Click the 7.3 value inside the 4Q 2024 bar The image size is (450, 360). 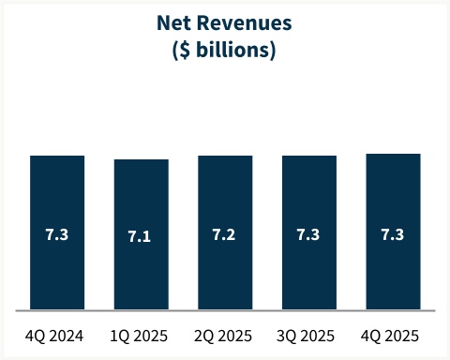57,234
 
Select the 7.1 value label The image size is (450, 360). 142,236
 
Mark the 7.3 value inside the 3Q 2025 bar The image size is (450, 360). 309,234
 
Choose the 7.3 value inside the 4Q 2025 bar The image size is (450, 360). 393,234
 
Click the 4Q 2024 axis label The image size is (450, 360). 57,336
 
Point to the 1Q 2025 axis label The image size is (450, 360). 142,336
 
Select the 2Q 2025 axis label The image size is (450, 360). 225,336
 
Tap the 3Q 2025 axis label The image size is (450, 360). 309,336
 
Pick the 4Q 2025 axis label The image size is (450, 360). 393,336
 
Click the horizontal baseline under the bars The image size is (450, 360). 225,310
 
